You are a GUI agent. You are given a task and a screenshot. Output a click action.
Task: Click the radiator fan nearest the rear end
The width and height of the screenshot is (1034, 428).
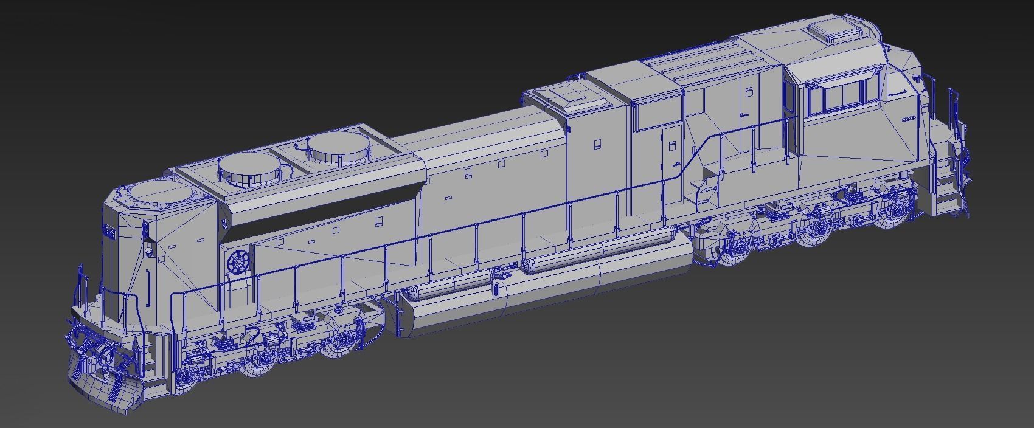(x=162, y=193)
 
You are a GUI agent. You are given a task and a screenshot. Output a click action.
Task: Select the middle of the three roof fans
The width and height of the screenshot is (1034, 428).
(x=251, y=168)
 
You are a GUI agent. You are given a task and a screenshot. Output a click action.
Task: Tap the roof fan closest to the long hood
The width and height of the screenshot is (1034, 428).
(x=338, y=146)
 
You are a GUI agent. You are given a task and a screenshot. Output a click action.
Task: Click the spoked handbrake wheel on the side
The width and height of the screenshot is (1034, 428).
(x=239, y=263)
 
